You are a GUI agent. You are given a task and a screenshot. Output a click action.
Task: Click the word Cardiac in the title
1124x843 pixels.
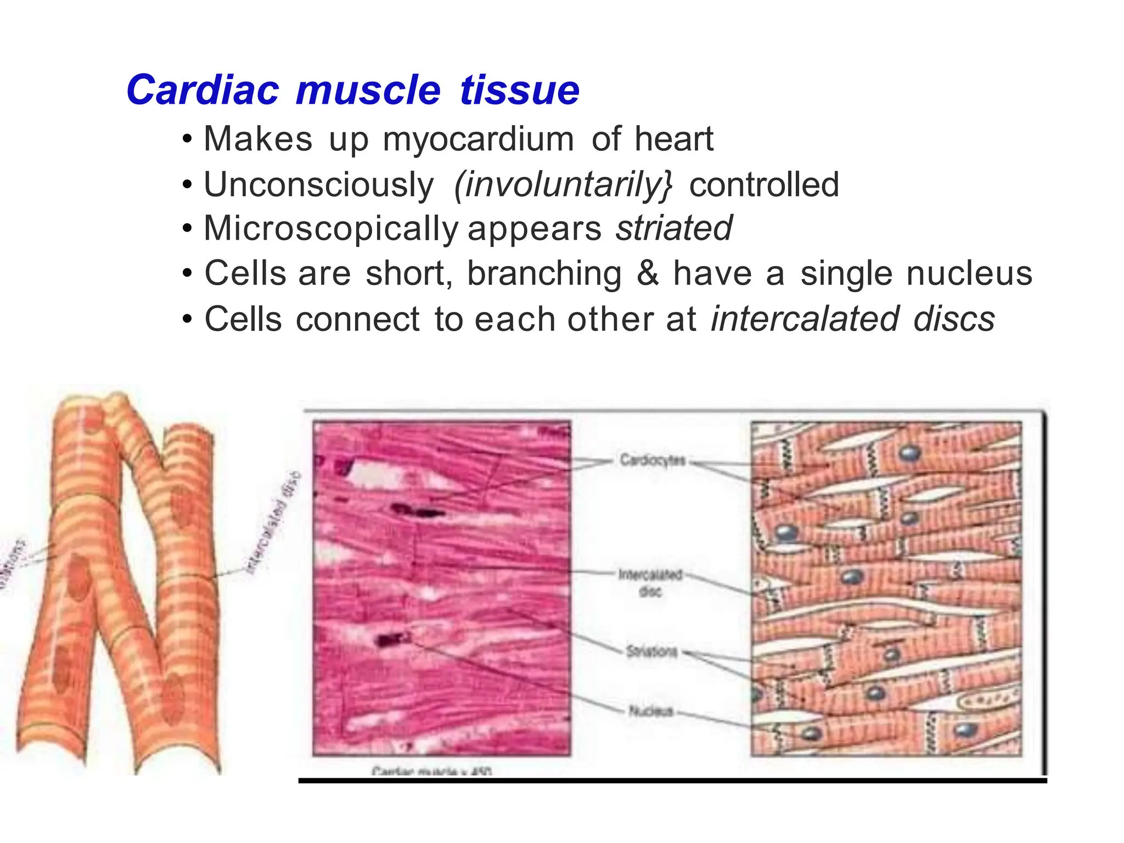[x=203, y=90]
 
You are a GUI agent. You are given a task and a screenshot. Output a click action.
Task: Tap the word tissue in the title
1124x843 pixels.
[x=519, y=90]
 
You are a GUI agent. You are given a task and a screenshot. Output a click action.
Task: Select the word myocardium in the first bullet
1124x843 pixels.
[x=478, y=139]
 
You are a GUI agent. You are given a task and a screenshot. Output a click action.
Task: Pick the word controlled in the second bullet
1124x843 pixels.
[x=764, y=184]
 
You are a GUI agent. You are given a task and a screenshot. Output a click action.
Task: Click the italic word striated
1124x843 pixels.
[x=673, y=228]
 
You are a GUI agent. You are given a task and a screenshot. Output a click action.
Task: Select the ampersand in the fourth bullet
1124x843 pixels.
[x=648, y=273]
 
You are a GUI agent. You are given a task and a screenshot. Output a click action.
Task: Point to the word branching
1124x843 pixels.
[x=544, y=274]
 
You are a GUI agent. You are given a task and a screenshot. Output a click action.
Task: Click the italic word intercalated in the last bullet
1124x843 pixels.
[x=805, y=319]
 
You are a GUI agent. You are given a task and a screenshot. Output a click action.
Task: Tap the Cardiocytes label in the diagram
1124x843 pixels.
[x=653, y=460]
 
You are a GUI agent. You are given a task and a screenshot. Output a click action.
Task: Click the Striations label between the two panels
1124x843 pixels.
[x=652, y=652]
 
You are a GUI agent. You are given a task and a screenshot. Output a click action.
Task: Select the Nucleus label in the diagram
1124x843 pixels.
[x=650, y=711]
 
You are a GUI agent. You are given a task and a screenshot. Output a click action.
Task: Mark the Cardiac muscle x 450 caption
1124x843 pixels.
[x=432, y=771]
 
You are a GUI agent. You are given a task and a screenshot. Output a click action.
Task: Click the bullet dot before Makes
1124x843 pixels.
[x=188, y=140]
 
